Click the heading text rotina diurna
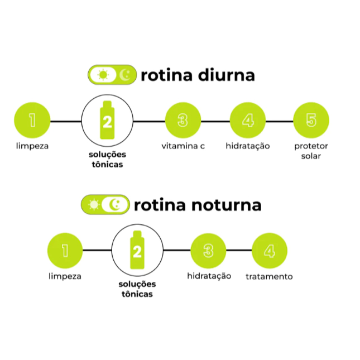click(x=198, y=75)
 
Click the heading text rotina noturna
click(x=198, y=205)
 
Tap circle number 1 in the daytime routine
click(x=32, y=121)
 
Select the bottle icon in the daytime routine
click(x=107, y=120)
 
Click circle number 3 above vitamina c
click(x=183, y=121)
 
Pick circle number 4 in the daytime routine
click(x=248, y=121)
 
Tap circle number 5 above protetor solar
click(x=311, y=121)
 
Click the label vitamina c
click(x=183, y=146)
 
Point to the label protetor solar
click(x=311, y=151)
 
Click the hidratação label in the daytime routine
click(x=248, y=146)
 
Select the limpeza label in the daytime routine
click(x=32, y=146)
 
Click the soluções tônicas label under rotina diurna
click(x=107, y=159)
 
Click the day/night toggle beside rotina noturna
click(x=105, y=205)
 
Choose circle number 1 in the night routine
click(x=65, y=251)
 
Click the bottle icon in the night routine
click(x=137, y=251)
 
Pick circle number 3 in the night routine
click(x=208, y=251)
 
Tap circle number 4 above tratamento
click(x=270, y=251)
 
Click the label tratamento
click(x=269, y=277)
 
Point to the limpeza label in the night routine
click(x=65, y=276)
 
